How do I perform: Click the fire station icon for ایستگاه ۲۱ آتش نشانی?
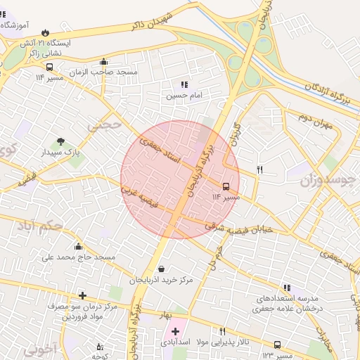[46, 32]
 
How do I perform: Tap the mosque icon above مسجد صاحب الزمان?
[104, 61]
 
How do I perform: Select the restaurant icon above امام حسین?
[184, 84]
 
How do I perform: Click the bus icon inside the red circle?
[226, 186]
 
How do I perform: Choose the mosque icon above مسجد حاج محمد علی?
[78, 246]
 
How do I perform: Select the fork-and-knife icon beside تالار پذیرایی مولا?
[223, 331]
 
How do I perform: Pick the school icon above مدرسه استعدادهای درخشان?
[286, 288]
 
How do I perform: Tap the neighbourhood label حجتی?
[99, 124]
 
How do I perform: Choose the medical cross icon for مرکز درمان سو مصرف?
[83, 295]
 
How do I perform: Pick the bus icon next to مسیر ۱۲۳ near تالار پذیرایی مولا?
[277, 345]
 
